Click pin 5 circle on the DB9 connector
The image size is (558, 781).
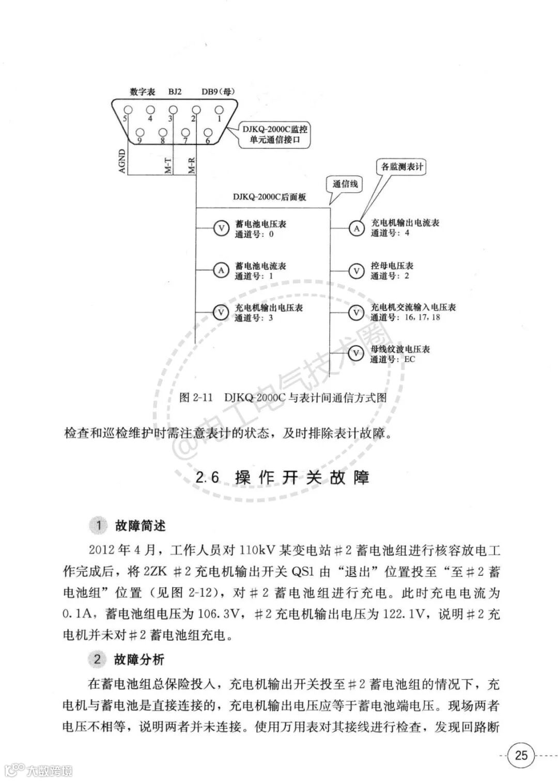coord(128,110)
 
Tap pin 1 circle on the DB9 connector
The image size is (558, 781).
coord(219,110)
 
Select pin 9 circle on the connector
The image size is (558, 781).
coord(139,132)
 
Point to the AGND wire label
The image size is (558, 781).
coord(122,161)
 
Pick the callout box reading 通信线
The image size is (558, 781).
coord(345,184)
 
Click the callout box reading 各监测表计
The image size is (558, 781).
coord(402,167)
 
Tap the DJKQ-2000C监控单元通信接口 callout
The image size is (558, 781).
coord(275,135)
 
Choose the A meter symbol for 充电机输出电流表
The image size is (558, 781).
coord(356,228)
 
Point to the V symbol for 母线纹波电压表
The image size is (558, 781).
coord(356,354)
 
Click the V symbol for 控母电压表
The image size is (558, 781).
coord(356,270)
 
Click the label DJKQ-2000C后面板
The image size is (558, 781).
coord(269,197)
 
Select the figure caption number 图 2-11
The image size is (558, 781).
coord(196,397)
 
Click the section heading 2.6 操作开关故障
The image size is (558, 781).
coord(283,477)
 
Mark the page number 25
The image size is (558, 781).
coord(522,755)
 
